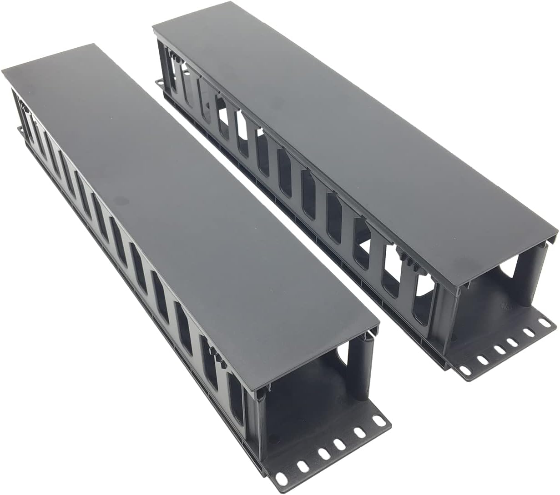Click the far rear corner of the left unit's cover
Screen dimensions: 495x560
(94, 45)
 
